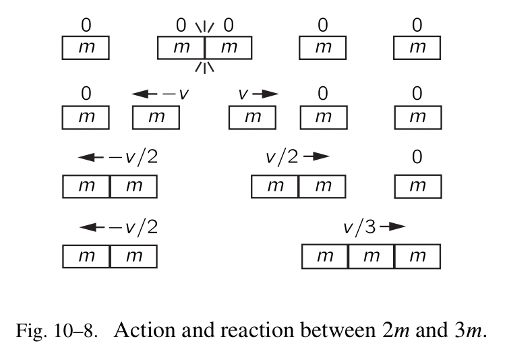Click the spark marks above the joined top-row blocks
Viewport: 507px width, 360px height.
point(204,28)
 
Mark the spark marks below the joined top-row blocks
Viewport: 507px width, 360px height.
point(204,65)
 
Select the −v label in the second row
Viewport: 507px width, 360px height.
point(177,94)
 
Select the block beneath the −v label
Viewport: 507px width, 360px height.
point(156,117)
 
